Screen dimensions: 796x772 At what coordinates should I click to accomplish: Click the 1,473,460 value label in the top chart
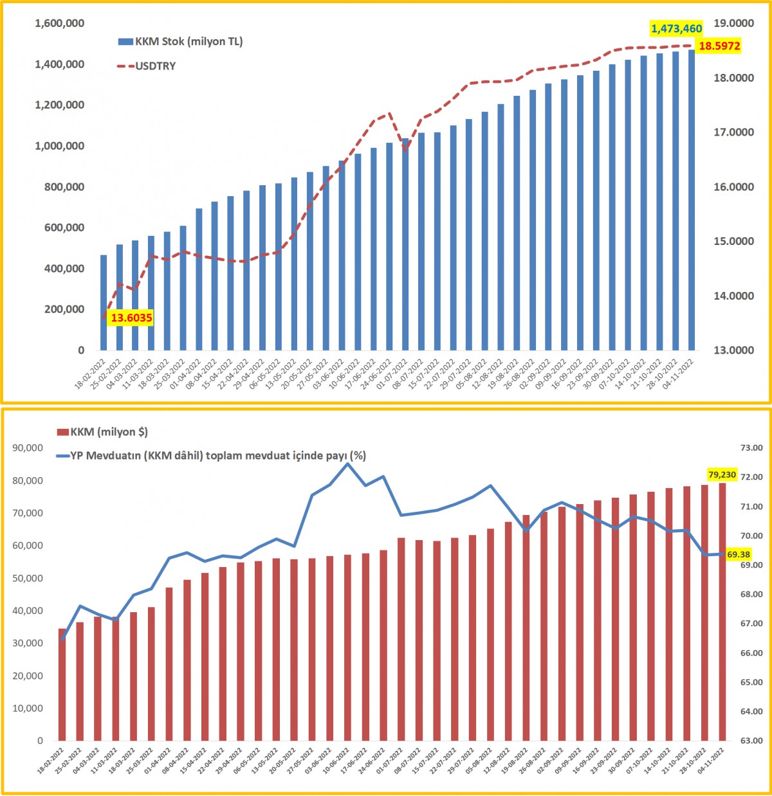point(676,28)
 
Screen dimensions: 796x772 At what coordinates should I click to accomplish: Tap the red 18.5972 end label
point(719,46)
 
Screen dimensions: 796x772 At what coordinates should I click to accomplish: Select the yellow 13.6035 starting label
point(131,318)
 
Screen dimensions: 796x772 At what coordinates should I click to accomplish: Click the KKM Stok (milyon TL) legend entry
point(181,42)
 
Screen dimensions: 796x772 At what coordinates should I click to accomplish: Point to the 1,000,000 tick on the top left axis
point(59,146)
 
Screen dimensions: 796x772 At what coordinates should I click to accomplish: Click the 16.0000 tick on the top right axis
point(734,187)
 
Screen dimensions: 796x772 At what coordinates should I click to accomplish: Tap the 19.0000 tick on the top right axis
point(734,23)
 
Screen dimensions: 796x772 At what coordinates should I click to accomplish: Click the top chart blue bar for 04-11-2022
point(692,199)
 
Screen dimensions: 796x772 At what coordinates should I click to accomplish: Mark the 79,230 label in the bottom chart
point(722,475)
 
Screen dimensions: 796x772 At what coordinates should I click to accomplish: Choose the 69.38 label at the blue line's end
point(739,554)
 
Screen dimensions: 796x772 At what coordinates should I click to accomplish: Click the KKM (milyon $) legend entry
point(103,432)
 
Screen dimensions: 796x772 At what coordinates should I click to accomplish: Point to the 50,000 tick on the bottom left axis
point(28,578)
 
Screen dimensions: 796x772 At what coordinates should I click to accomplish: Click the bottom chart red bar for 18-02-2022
point(62,685)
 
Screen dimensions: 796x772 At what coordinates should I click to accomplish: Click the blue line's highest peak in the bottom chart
point(347,463)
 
